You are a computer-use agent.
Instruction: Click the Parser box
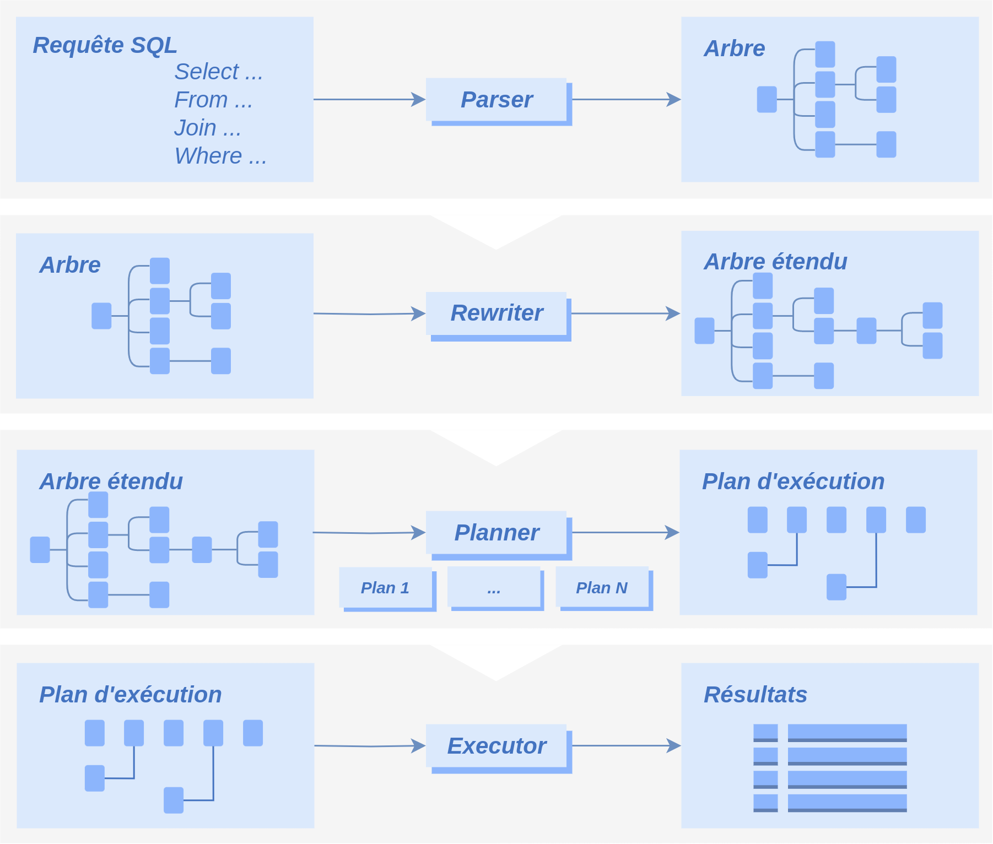499,101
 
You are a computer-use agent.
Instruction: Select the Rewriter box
499,316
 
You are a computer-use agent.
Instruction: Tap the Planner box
499,535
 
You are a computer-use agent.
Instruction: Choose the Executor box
499,748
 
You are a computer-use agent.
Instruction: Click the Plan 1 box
387,589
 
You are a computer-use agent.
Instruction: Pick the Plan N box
604,588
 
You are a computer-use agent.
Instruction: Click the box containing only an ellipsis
495,588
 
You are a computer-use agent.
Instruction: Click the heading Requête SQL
105,45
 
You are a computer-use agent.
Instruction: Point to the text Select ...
207,72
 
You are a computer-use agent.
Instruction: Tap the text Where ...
208,156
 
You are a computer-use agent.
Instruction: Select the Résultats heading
755,695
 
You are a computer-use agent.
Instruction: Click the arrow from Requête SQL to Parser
369,100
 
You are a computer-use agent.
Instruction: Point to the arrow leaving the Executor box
627,746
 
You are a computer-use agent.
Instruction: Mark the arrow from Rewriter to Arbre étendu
626,313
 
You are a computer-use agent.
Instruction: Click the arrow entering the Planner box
369,533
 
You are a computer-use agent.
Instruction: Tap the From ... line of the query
213,100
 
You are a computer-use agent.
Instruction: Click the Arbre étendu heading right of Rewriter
775,262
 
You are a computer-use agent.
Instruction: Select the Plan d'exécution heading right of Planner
793,481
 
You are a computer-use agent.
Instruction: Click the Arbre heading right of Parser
735,48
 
